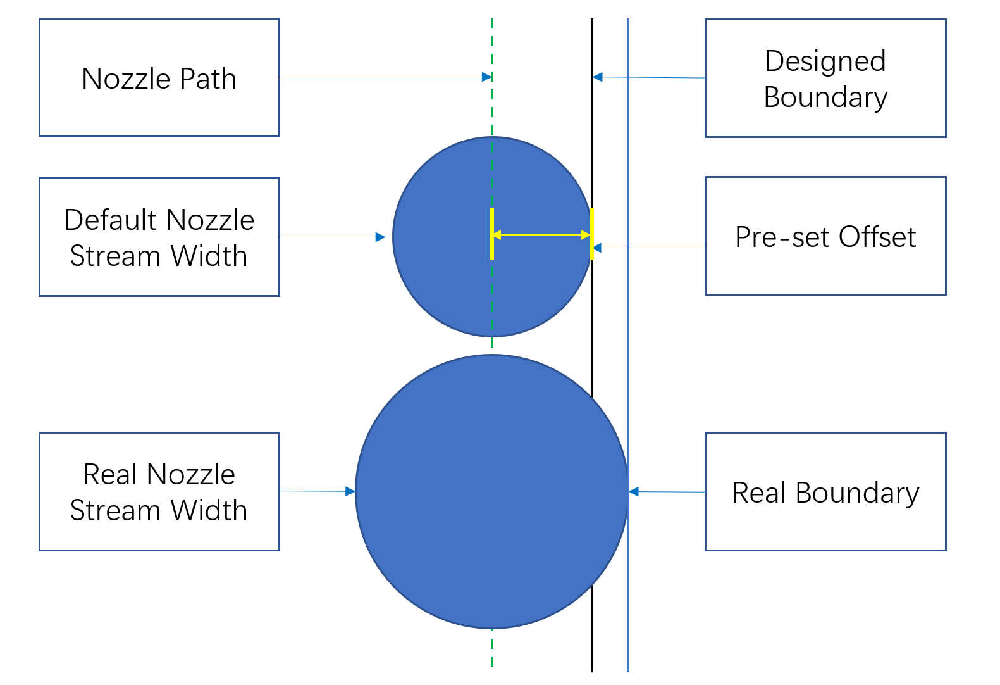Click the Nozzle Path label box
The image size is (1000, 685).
point(159,77)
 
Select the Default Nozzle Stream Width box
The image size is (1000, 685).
point(159,237)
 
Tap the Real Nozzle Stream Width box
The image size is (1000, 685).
point(159,492)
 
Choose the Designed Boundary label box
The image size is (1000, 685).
point(825,79)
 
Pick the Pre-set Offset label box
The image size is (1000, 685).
point(825,236)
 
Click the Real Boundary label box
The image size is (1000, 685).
point(825,492)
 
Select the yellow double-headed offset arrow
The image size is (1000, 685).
point(542,235)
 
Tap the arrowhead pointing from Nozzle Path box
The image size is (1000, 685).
point(487,77)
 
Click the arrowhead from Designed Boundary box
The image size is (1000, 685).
point(598,77)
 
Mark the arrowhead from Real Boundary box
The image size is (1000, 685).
point(634,491)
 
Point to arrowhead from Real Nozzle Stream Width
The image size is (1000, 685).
point(350,491)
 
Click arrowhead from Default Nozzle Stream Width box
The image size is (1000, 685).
point(380,237)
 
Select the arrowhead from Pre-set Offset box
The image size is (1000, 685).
point(598,248)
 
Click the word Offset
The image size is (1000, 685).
point(877,237)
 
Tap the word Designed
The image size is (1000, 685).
point(825,61)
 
